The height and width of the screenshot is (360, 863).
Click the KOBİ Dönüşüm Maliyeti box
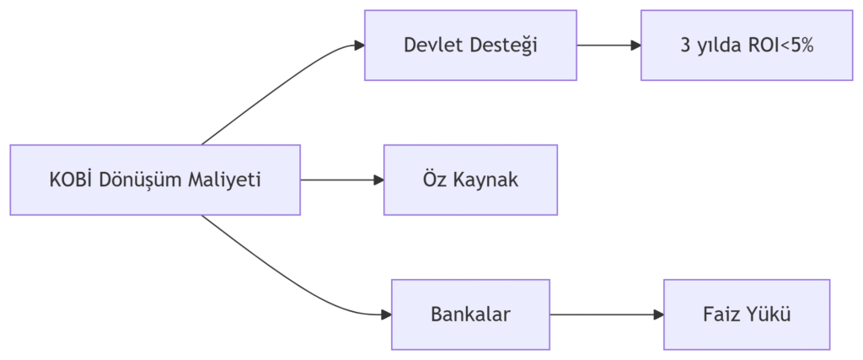[x=155, y=180]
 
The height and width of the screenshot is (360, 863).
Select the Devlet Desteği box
[x=470, y=46]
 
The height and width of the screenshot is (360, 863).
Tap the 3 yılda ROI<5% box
[x=747, y=46]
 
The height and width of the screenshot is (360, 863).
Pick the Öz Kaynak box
[x=470, y=180]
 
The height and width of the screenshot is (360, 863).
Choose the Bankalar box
[x=470, y=314]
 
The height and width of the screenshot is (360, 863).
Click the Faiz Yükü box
[x=747, y=314]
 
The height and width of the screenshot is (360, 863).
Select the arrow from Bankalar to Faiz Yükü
[x=607, y=314]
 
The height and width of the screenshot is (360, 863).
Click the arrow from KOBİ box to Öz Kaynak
[x=341, y=180]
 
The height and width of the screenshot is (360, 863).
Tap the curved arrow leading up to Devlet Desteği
[x=278, y=84]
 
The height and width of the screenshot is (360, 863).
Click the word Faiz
[x=719, y=315]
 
